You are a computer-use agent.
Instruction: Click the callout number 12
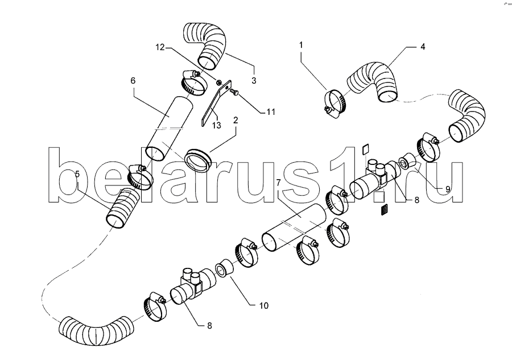(160, 47)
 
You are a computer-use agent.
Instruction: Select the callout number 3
(254, 80)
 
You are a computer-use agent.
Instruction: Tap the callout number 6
(133, 80)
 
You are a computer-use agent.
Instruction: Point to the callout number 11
(270, 112)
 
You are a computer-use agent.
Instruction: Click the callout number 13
(217, 125)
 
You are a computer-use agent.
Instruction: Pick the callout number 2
(236, 121)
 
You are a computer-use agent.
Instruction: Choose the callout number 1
(301, 45)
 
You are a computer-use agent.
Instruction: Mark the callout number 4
(423, 47)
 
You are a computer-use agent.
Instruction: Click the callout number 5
(77, 174)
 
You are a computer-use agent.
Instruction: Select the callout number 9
(447, 189)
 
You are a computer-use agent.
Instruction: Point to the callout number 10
(264, 305)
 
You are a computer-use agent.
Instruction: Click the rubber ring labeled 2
(198, 160)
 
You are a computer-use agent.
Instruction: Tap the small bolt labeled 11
(234, 92)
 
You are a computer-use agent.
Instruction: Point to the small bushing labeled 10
(224, 268)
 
